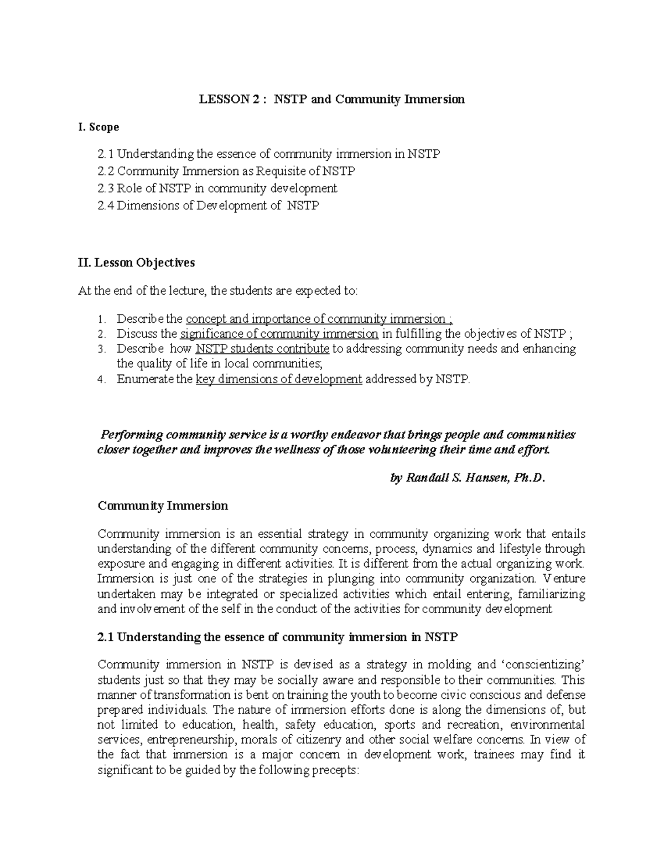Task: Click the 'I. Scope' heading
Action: click(x=98, y=127)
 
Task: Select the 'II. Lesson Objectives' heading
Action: click(x=137, y=262)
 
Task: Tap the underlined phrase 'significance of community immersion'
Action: click(x=279, y=334)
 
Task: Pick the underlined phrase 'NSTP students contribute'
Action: click(x=262, y=349)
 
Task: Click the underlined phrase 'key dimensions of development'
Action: click(x=279, y=379)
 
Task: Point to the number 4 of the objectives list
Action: click(x=100, y=380)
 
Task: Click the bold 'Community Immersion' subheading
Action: click(x=163, y=506)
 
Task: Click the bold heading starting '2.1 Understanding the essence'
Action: click(x=277, y=637)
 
